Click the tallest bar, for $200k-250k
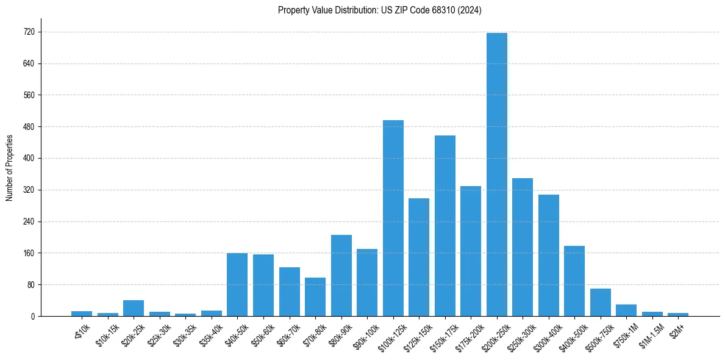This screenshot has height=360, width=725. pyautogui.click(x=496, y=175)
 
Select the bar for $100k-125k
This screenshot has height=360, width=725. pyautogui.click(x=393, y=218)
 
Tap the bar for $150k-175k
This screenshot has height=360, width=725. pyautogui.click(x=445, y=226)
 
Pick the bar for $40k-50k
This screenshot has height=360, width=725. pyautogui.click(x=237, y=284)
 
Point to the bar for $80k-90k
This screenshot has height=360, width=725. pyautogui.click(x=341, y=276)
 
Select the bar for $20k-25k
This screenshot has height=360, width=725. pyautogui.click(x=134, y=308)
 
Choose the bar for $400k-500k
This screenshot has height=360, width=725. pyautogui.click(x=574, y=281)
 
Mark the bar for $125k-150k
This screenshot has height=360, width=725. pyautogui.click(x=419, y=257)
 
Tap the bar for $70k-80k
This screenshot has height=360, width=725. pyautogui.click(x=315, y=297)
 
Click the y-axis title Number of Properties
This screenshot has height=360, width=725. pyautogui.click(x=9, y=168)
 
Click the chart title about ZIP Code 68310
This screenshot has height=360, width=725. pyautogui.click(x=379, y=10)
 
